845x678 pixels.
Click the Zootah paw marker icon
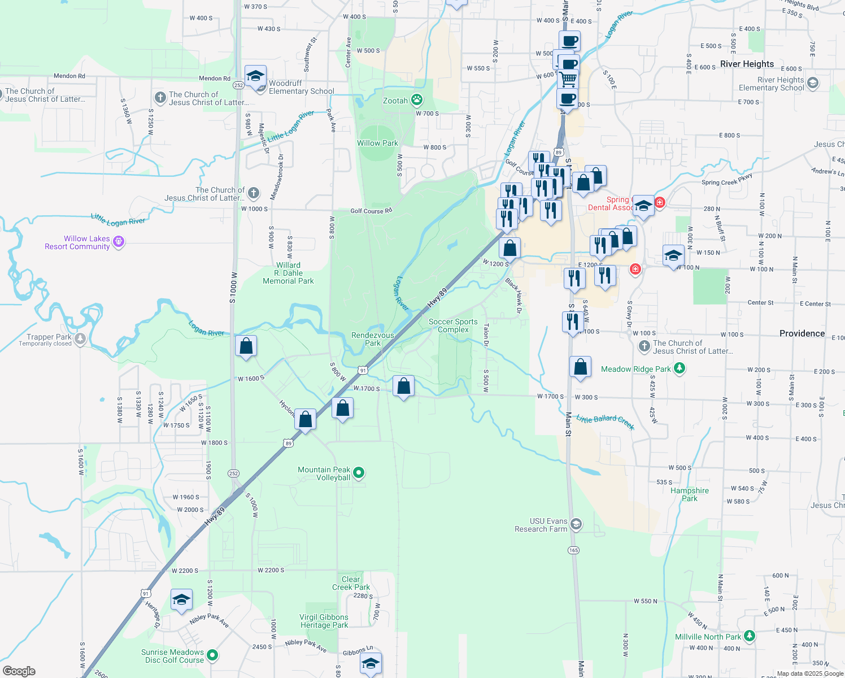coord(417,101)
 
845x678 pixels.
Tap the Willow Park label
coord(377,143)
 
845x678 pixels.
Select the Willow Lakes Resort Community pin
coord(118,242)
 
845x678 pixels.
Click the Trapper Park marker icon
coord(80,340)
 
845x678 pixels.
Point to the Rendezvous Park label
coord(373,339)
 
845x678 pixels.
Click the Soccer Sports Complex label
coord(453,325)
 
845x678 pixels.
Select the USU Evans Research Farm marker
coord(576,525)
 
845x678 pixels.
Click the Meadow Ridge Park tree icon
coord(680,369)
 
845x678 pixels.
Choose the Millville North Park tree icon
coord(750,636)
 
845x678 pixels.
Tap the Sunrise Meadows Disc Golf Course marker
coord(212,655)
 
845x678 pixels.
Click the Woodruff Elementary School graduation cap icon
coord(255,76)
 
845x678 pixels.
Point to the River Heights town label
coord(747,64)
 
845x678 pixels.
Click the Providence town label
coord(802,333)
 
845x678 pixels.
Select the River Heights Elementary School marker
coord(813,84)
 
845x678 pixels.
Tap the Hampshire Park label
coord(689,494)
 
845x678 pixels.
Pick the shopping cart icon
coord(568,79)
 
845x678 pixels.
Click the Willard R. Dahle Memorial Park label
coord(288,273)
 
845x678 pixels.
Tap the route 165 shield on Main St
coord(574,550)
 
